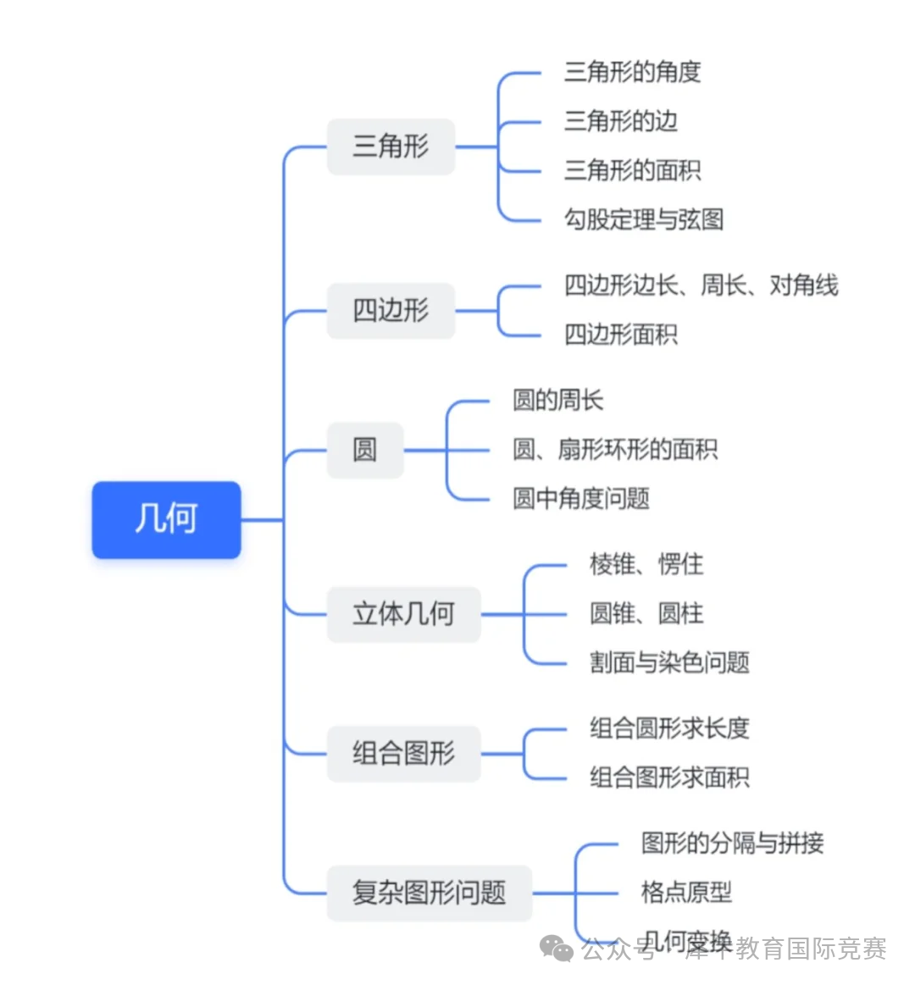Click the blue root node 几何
pyautogui.click(x=166, y=519)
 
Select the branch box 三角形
pyautogui.click(x=391, y=147)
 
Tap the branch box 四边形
pyautogui.click(x=391, y=311)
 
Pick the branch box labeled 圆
pyautogui.click(x=365, y=450)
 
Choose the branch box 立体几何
pyautogui.click(x=403, y=614)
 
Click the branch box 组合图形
pyautogui.click(x=403, y=753)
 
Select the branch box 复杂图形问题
pyautogui.click(x=429, y=893)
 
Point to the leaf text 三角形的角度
pyautogui.click(x=632, y=72)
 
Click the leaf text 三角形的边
pyautogui.click(x=620, y=121)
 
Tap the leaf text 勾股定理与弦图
pyautogui.click(x=644, y=219)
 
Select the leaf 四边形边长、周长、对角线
pyautogui.click(x=701, y=285)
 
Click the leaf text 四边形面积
pyautogui.click(x=620, y=335)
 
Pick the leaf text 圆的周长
pyautogui.click(x=557, y=400)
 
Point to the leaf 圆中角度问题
pyautogui.click(x=580, y=498)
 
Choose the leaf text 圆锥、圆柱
pyautogui.click(x=646, y=613)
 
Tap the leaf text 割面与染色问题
pyautogui.click(x=669, y=662)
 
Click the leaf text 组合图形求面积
pyautogui.click(x=669, y=777)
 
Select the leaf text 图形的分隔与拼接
pyautogui.click(x=732, y=843)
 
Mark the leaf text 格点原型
pyautogui.click(x=686, y=892)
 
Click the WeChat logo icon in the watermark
pyautogui.click(x=557, y=949)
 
